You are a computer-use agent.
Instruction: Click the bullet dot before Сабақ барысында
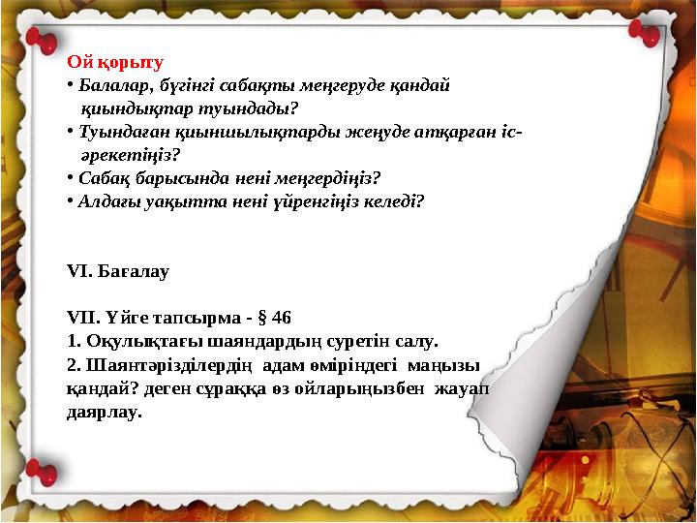pyautogui.click(x=71, y=177)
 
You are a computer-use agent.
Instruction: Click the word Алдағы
pyautogui.click(x=106, y=201)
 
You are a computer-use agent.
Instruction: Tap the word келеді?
pyautogui.click(x=391, y=201)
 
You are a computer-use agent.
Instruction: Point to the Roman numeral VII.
pyautogui.click(x=81, y=318)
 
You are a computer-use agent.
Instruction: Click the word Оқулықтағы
pyautogui.click(x=135, y=341)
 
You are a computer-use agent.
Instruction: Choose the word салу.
pyautogui.click(x=417, y=341)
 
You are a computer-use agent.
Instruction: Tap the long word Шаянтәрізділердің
pyautogui.click(x=169, y=365)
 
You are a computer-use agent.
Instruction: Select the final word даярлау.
pyautogui.click(x=104, y=412)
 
